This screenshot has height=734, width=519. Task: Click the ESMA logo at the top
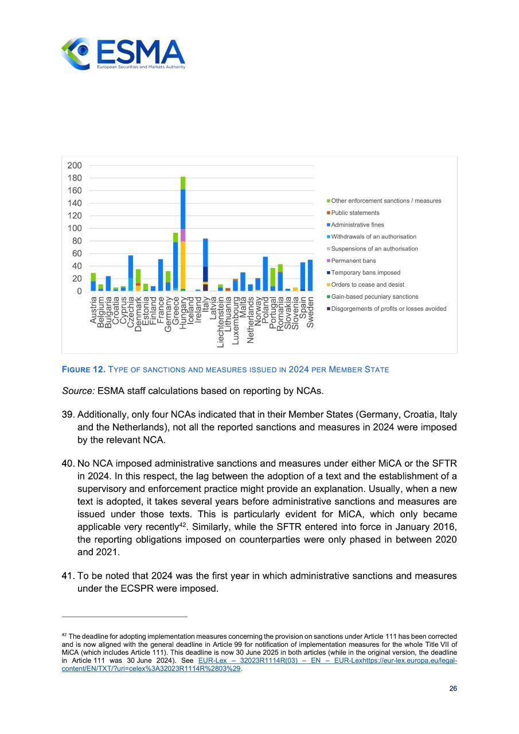(x=123, y=54)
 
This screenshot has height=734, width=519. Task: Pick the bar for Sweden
(x=310, y=276)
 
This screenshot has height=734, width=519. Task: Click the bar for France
(x=161, y=275)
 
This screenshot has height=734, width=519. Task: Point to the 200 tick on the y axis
(x=75, y=165)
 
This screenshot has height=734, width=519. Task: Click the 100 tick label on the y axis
(x=75, y=228)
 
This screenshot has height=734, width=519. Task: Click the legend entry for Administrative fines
(x=357, y=225)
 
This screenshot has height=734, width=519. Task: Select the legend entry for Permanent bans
(x=353, y=261)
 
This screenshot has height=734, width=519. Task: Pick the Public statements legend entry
(x=355, y=213)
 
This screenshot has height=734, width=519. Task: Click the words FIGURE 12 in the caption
(x=80, y=370)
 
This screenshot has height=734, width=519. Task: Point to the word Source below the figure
(x=78, y=392)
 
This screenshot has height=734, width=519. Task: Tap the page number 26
(x=453, y=689)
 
